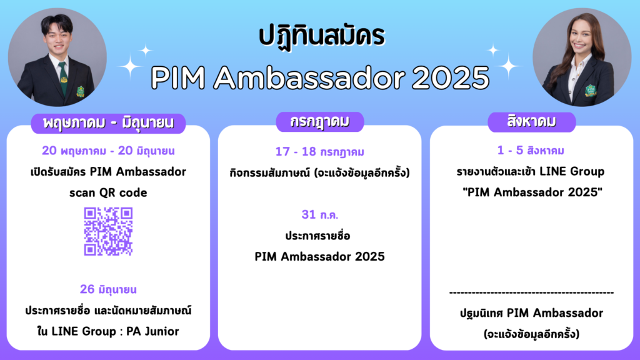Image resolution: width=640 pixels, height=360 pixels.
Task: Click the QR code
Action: pos(108,231)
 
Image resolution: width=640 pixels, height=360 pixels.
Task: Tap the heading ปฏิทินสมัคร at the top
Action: pos(322,36)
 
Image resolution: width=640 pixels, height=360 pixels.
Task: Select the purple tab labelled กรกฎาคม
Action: pos(319,122)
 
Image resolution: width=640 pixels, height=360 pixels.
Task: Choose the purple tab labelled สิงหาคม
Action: pos(531,122)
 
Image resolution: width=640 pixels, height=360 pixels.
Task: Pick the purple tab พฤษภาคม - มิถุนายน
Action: pos(108,123)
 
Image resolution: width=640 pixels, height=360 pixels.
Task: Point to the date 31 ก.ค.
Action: pos(319,214)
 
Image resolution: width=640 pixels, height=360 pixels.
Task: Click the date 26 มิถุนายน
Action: pos(108,289)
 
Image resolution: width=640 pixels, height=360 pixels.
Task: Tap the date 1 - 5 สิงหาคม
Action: pos(531,151)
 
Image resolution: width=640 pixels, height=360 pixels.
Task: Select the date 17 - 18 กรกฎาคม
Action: pos(319,152)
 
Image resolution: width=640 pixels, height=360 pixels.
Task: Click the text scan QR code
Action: pos(108,192)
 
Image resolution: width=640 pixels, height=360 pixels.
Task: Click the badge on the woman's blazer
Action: pos(590,91)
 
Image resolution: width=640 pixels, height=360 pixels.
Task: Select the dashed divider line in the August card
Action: pos(531,292)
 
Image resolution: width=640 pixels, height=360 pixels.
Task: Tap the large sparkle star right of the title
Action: pos(509,65)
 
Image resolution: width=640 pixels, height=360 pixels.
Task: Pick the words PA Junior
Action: pos(152,331)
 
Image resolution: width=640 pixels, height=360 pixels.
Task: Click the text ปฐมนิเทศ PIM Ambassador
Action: pos(531,313)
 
